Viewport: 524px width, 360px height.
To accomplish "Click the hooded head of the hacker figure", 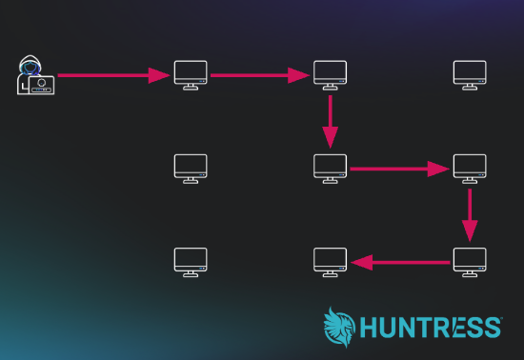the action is click(x=30, y=66).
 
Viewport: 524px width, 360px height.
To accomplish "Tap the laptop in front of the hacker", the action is click(x=41, y=85).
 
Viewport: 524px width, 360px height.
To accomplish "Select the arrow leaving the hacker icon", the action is click(x=113, y=75).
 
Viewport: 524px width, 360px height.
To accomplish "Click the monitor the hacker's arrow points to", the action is click(x=191, y=75).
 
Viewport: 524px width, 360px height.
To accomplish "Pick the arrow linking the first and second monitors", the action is click(x=260, y=75).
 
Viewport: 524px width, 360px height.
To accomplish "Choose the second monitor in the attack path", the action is click(x=331, y=75).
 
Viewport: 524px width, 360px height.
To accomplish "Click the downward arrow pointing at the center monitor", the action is click(x=331, y=122).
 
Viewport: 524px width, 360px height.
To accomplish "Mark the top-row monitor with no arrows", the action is click(x=470, y=75).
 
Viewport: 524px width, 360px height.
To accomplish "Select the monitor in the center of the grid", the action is click(x=331, y=169).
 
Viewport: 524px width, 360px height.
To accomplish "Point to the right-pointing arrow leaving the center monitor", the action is click(x=400, y=169).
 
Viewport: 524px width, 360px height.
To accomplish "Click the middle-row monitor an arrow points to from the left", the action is click(x=470, y=169).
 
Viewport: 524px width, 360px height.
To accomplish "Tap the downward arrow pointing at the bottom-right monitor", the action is click(x=470, y=215).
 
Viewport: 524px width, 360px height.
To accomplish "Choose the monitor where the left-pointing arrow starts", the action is click(x=470, y=262).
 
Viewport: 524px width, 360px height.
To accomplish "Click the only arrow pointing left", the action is click(x=400, y=263).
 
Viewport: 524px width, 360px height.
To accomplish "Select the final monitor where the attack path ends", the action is click(x=331, y=262).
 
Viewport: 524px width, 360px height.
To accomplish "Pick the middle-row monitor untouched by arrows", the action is click(x=191, y=169).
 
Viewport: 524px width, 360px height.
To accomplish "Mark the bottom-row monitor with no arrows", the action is click(x=191, y=262).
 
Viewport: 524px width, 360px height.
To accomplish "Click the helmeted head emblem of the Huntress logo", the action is click(x=339, y=328).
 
